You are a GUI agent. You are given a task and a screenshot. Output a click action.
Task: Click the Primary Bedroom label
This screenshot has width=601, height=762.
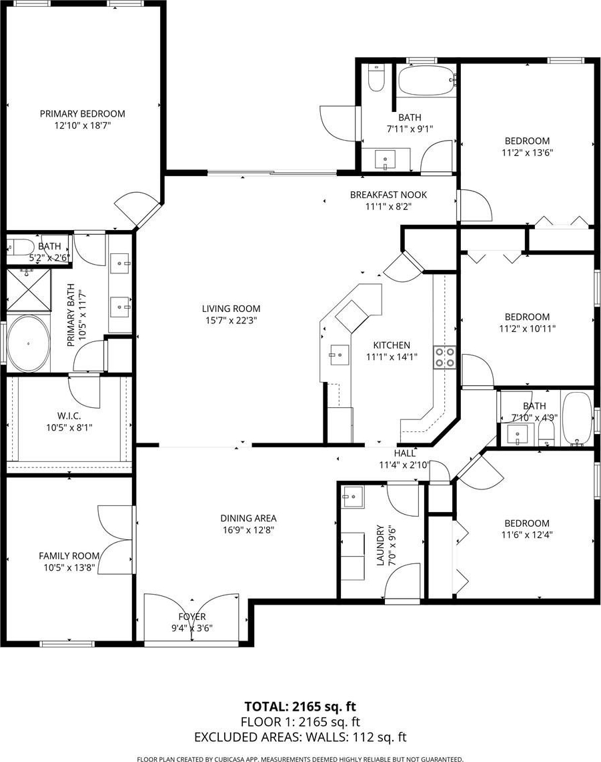coord(82,114)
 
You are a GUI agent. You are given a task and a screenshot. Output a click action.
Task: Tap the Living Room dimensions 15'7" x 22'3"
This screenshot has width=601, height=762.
coord(231,320)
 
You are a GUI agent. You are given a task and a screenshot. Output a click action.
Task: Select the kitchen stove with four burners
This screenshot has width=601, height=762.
coord(445,358)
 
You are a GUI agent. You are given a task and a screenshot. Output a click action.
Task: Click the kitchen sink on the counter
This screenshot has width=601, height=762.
coord(340,355)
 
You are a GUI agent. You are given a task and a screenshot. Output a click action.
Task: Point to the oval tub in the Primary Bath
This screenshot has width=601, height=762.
coord(29,343)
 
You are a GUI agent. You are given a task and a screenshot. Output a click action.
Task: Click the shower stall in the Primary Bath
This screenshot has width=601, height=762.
coord(29,289)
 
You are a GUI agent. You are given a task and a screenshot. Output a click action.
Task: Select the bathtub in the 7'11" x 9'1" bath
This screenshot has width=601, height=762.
coord(427,80)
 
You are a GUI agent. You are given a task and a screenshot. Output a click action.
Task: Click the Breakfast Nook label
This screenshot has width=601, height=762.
coord(388,195)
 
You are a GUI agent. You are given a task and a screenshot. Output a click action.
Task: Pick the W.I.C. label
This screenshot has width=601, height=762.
coord(69,416)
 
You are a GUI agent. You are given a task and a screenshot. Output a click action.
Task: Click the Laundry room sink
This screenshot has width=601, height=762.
coord(352,497)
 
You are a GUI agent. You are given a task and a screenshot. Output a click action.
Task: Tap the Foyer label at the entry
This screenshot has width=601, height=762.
coord(192,617)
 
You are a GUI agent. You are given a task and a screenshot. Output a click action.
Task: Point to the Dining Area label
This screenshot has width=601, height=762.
coord(249,519)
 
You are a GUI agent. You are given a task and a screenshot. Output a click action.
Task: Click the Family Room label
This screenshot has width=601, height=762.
coord(69,556)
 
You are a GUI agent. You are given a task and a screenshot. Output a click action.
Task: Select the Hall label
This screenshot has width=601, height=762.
coord(404,453)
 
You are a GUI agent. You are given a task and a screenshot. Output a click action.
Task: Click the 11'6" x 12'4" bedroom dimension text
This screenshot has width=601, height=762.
coord(527,535)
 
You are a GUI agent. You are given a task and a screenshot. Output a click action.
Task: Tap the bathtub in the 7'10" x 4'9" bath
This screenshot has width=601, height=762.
coord(577,419)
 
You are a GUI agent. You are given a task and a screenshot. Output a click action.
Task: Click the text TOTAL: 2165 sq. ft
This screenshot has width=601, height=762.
coord(300,707)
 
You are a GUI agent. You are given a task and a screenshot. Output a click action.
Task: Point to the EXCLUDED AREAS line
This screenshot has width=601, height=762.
coord(300,737)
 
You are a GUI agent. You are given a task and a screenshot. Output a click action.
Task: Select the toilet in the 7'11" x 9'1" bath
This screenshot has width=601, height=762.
coord(376,78)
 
